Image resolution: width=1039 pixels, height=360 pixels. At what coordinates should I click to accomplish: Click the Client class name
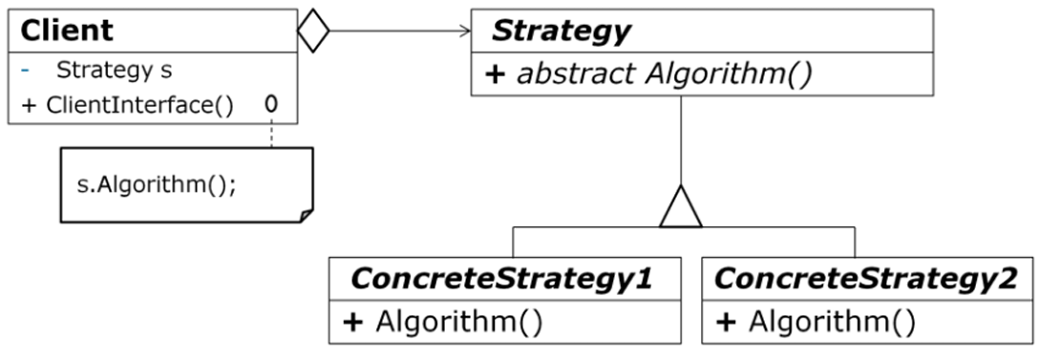pos(66,31)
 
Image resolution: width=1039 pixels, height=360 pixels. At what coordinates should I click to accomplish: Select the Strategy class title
pos(561,31)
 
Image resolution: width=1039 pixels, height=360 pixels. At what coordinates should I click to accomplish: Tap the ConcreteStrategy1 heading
pos(502,279)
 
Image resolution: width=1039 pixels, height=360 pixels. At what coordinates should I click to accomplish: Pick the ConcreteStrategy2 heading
pos(866,279)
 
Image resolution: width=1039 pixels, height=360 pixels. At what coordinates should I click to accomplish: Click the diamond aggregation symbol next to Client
pos(313,32)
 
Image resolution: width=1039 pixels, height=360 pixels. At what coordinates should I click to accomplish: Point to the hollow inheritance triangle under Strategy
pos(681,207)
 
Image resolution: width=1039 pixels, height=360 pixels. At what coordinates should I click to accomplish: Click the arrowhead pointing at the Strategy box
pos(465,32)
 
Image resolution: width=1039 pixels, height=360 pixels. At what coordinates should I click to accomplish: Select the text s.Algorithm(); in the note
pos(156,183)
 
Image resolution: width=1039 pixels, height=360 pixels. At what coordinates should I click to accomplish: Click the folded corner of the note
pos(305,216)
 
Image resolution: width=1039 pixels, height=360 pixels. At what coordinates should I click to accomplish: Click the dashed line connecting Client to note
pos(272,136)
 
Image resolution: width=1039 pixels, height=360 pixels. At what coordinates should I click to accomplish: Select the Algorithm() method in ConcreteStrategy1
pos(458,322)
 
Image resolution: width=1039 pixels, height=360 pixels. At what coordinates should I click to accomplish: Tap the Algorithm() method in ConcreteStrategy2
pos(831,322)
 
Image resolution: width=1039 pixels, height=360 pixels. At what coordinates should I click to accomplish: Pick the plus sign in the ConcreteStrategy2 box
pos(725,322)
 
